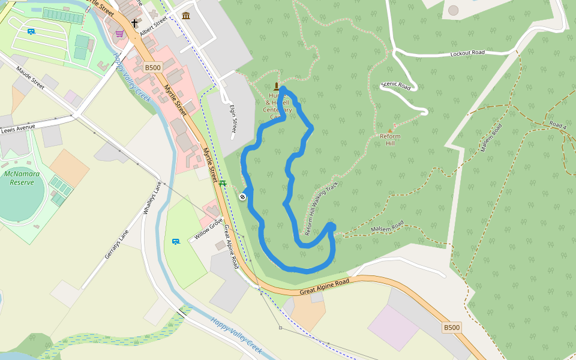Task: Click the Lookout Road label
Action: [467, 53]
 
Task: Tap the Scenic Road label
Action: [396, 86]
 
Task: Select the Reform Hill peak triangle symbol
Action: [390, 130]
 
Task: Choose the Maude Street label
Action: [31, 82]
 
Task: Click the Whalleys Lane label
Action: [153, 199]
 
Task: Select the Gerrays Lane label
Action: [117, 244]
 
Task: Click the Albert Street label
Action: [154, 26]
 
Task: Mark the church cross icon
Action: [135, 24]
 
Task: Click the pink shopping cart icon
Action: [119, 34]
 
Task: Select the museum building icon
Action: [186, 15]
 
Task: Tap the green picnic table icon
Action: [223, 183]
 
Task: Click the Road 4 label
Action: [557, 125]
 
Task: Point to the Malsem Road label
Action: [387, 229]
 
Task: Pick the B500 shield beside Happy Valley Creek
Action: [152, 68]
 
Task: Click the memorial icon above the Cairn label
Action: [277, 86]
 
